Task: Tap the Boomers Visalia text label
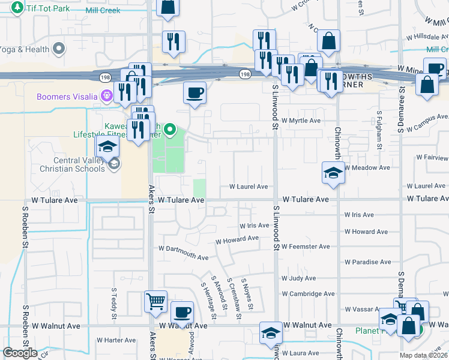tap(67, 97)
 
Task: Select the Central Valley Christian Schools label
tap(71, 164)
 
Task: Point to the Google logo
tap(20, 353)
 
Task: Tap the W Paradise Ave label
tap(368, 262)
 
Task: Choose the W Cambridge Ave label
tap(309, 294)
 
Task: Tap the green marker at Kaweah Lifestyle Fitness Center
tap(170, 128)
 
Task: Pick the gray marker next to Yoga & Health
tap(58, 48)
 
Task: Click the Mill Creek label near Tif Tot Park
tap(103, 10)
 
